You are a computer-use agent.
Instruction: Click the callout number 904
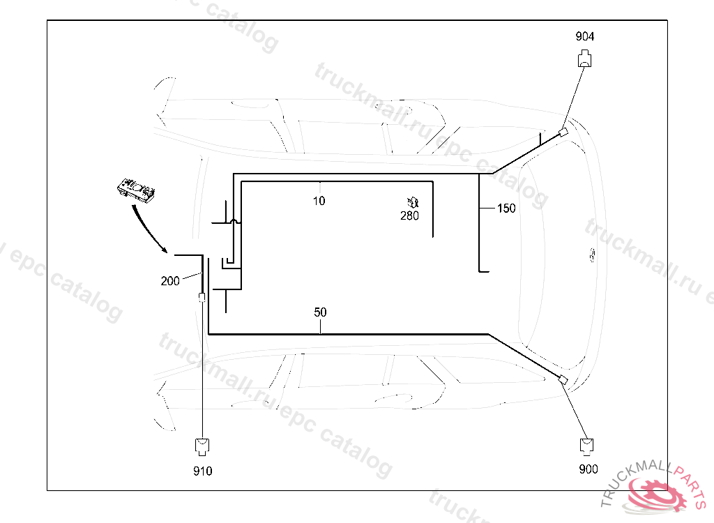coord(585,36)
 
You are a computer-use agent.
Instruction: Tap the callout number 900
coord(588,469)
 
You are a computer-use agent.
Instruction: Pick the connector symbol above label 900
coord(587,446)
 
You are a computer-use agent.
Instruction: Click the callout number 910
coord(202,471)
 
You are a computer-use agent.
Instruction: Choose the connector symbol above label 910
coord(202,445)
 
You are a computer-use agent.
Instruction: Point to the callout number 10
coord(319,202)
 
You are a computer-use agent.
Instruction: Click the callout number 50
coord(320,312)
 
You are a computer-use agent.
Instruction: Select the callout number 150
coord(506,209)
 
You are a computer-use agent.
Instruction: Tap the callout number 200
coord(170,281)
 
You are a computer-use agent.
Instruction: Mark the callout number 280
coord(409,216)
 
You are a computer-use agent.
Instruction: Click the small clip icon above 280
coord(412,203)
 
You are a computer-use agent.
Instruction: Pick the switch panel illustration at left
coord(136,190)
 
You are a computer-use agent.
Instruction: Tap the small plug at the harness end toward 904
coord(563,132)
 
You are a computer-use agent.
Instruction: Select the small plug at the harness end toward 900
coord(562,379)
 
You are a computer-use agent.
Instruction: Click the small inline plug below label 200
coord(202,298)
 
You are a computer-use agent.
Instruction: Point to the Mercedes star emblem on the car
coord(591,255)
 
